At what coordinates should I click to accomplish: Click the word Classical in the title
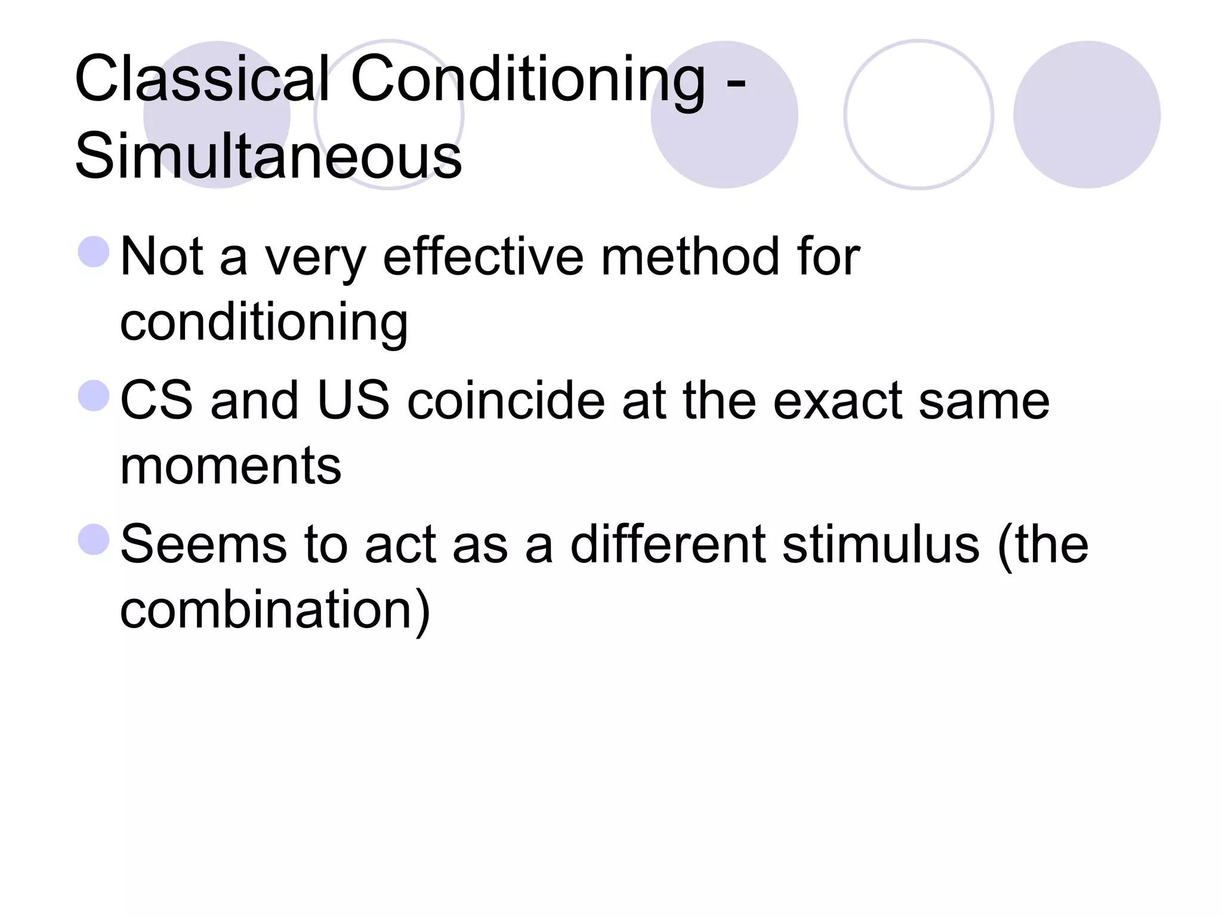(202, 79)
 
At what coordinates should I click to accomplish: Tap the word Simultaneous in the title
(269, 156)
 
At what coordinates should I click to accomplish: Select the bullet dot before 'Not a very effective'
(94, 251)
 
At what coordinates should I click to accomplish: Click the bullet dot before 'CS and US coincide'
(94, 396)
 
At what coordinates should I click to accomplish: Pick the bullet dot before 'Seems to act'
(94, 539)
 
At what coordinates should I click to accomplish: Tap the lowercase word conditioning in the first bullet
(264, 323)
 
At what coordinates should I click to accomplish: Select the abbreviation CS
(157, 401)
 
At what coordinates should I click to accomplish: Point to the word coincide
(506, 401)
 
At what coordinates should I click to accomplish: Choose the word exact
(838, 401)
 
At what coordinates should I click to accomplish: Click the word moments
(230, 466)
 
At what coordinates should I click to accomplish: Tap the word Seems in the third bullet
(203, 544)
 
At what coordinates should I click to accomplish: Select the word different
(668, 544)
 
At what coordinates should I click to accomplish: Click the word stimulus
(881, 544)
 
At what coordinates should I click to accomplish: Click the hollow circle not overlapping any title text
(918, 115)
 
